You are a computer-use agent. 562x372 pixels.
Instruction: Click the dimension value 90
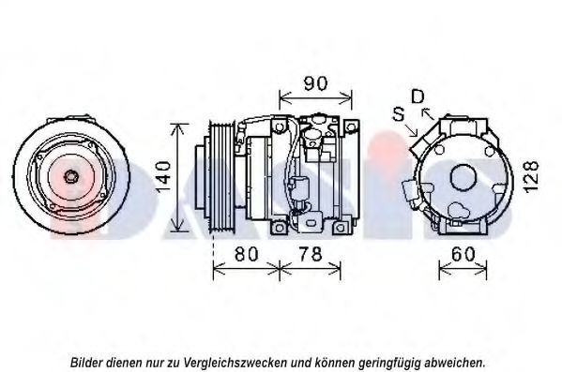pyautogui.click(x=315, y=83)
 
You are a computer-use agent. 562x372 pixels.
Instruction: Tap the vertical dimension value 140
pyautogui.click(x=163, y=177)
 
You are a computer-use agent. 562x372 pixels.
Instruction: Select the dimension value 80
pyautogui.click(x=246, y=254)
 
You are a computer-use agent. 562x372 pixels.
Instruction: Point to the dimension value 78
pyautogui.click(x=311, y=254)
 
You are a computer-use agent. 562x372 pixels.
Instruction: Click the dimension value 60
pyautogui.click(x=463, y=254)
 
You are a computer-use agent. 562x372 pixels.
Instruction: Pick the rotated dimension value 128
pyautogui.click(x=532, y=177)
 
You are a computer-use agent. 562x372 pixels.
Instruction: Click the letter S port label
pyautogui.click(x=399, y=114)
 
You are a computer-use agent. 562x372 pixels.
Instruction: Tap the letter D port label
pyautogui.click(x=418, y=97)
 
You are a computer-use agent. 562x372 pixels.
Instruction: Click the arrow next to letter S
pyautogui.click(x=412, y=130)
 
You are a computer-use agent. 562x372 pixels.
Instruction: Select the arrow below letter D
pyautogui.click(x=428, y=113)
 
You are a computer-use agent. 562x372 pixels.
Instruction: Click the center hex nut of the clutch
pyautogui.click(x=69, y=176)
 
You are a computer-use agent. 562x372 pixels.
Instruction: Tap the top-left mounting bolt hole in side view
pyautogui.click(x=279, y=126)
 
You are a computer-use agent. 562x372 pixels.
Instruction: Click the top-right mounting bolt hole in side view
pyautogui.click(x=351, y=126)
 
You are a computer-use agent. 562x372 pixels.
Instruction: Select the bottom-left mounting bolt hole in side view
pyautogui.click(x=279, y=228)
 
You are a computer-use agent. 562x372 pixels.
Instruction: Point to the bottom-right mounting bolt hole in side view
pyautogui.click(x=340, y=228)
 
